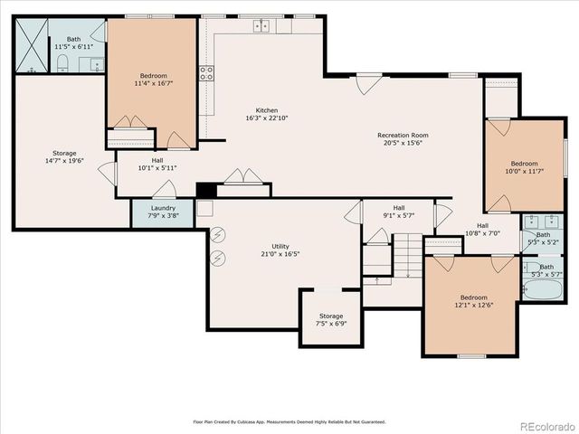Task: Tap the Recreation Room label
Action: [403, 136]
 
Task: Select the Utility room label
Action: [280, 246]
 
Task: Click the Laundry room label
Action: [163, 208]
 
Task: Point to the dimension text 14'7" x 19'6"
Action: [63, 161]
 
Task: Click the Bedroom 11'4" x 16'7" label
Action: [153, 76]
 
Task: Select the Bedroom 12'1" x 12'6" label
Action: [473, 297]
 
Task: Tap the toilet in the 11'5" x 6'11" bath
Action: [63, 62]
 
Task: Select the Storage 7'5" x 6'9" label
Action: [330, 316]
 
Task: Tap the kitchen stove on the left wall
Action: [207, 73]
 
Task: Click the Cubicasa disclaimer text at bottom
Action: [289, 421]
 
